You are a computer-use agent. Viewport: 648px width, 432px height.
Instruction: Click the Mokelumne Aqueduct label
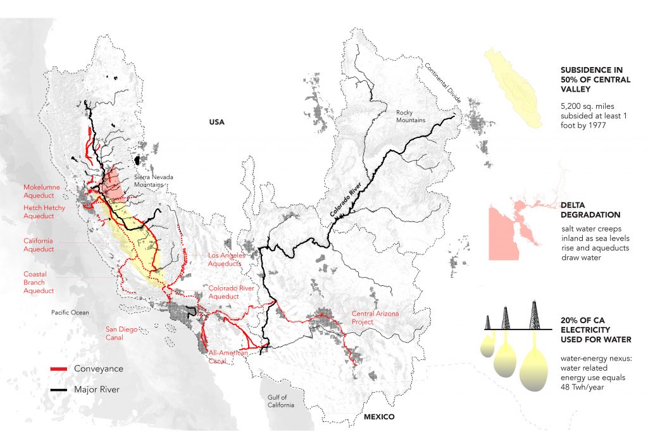[x=44, y=192]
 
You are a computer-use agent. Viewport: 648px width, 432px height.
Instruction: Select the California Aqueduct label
[x=39, y=245]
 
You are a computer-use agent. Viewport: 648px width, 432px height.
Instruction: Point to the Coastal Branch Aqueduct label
[x=39, y=282]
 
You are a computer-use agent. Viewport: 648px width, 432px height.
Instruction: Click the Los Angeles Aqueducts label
[x=227, y=259]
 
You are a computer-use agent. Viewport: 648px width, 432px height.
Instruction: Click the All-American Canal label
[x=227, y=357]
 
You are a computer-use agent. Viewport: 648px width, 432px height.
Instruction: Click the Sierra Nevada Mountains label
[x=152, y=181]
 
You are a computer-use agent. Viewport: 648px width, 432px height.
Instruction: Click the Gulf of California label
[x=280, y=400]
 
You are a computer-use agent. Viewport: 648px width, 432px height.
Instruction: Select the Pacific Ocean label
[x=70, y=312]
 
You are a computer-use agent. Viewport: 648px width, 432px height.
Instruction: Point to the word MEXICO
[x=378, y=417]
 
